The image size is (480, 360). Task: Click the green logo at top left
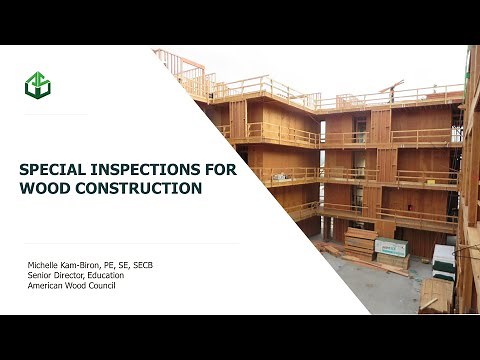click(x=38, y=84)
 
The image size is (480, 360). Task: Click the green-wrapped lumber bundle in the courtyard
click(x=391, y=247)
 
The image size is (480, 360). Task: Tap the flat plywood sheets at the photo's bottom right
click(x=436, y=295)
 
